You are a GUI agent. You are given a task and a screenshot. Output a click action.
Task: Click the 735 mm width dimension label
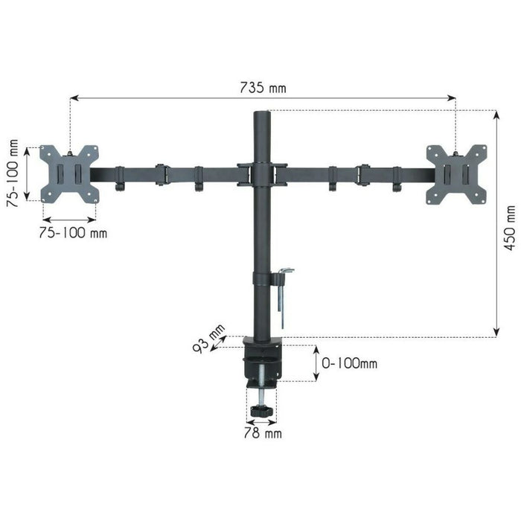(262, 88)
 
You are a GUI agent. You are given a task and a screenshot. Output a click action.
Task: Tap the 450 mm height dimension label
(509, 228)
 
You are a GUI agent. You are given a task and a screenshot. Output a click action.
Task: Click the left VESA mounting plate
(69, 173)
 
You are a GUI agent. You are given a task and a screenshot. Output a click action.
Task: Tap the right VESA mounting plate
(456, 173)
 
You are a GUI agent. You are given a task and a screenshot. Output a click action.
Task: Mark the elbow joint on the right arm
(363, 174)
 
